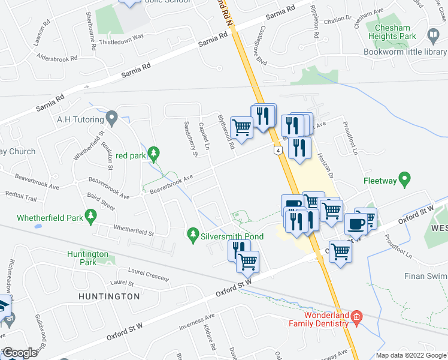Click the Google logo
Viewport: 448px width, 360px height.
[20, 353]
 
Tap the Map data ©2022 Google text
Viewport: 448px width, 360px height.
[410, 355]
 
